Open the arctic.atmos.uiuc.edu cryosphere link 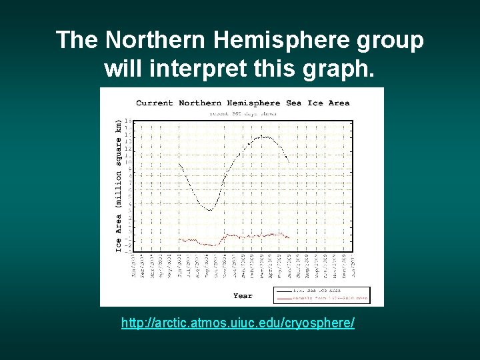point(238,323)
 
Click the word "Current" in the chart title point(155,103)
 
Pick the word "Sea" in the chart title point(293,103)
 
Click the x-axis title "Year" point(243,295)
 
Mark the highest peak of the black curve point(265,137)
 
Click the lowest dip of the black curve point(209,210)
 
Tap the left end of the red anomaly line point(179,239)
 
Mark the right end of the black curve point(289,163)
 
